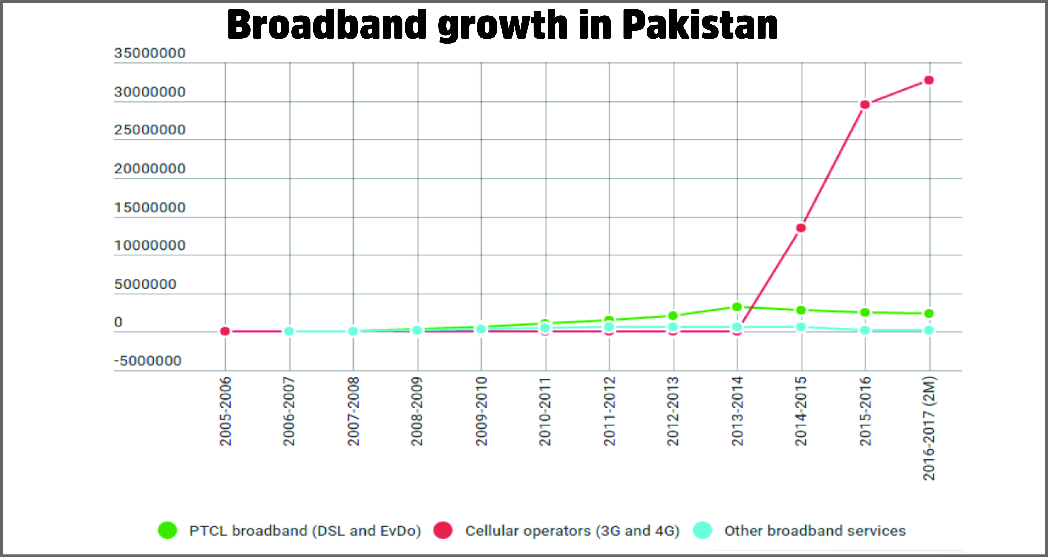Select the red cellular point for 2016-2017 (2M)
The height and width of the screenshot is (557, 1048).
point(929,80)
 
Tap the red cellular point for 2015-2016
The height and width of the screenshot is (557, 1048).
point(865,105)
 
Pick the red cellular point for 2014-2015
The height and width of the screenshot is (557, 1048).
point(801,228)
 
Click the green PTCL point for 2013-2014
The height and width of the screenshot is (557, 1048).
point(737,307)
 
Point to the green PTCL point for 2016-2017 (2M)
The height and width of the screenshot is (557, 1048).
point(929,313)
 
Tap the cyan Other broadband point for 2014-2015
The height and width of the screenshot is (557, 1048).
point(801,327)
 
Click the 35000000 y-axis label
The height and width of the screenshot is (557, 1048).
point(150,53)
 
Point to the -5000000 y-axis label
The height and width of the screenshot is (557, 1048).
point(148,361)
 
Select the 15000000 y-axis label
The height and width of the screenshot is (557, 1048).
point(150,207)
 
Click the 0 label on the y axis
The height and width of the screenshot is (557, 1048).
point(118,322)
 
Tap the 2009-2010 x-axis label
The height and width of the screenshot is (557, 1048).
point(481,411)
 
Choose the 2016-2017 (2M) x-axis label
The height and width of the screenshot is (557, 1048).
point(929,428)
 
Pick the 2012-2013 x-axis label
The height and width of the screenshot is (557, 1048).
point(673,411)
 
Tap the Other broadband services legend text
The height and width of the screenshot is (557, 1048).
point(815,531)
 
